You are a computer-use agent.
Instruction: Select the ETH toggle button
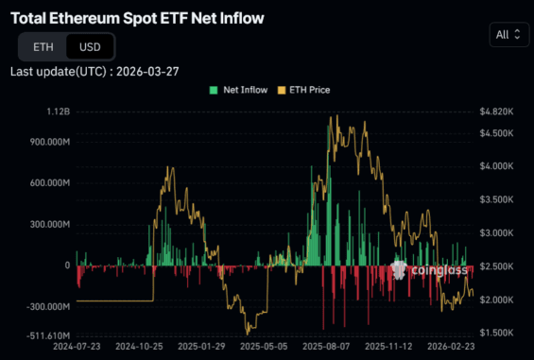point(43,46)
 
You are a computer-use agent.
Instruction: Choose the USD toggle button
point(90,46)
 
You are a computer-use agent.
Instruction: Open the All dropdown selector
point(508,35)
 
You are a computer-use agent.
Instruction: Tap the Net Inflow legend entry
point(240,90)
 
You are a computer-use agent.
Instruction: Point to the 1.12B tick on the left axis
point(57,111)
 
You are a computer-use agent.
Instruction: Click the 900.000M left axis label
point(47,142)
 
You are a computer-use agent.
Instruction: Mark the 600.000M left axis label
point(47,183)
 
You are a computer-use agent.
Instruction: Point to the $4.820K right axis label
point(497,111)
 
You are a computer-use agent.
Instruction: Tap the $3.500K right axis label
point(497,199)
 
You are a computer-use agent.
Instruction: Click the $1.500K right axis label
point(497,333)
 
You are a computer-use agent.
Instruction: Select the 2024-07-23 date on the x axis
point(78,347)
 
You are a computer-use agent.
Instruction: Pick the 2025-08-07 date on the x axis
point(324,347)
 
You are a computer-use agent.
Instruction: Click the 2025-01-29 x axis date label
point(200,347)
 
